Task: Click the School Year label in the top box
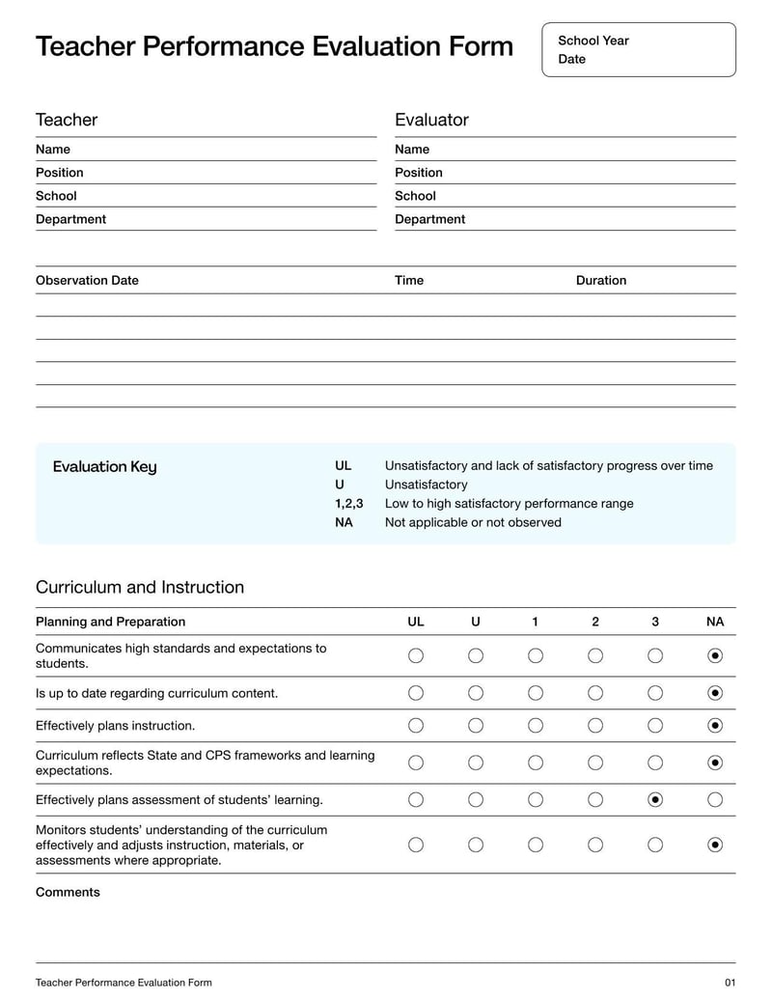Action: [x=593, y=41]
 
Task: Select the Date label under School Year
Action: [x=571, y=59]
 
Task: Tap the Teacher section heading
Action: [x=67, y=120]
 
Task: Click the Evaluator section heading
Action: [x=431, y=120]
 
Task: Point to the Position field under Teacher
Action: [x=60, y=173]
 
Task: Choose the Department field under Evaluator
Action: [x=429, y=219]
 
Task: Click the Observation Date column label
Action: [x=87, y=281]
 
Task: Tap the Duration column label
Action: [x=601, y=281]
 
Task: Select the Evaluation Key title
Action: [x=104, y=467]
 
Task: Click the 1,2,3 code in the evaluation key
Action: [x=349, y=504]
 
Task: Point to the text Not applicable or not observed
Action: [x=473, y=522]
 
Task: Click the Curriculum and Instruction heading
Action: [x=140, y=587]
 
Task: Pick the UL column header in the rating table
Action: [x=416, y=622]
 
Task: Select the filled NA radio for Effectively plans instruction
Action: [x=715, y=725]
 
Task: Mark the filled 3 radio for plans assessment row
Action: [x=655, y=799]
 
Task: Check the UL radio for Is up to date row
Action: [x=416, y=692]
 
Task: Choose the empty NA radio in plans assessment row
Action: [x=715, y=799]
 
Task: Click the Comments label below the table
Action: [x=68, y=893]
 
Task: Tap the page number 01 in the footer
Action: [x=730, y=983]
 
